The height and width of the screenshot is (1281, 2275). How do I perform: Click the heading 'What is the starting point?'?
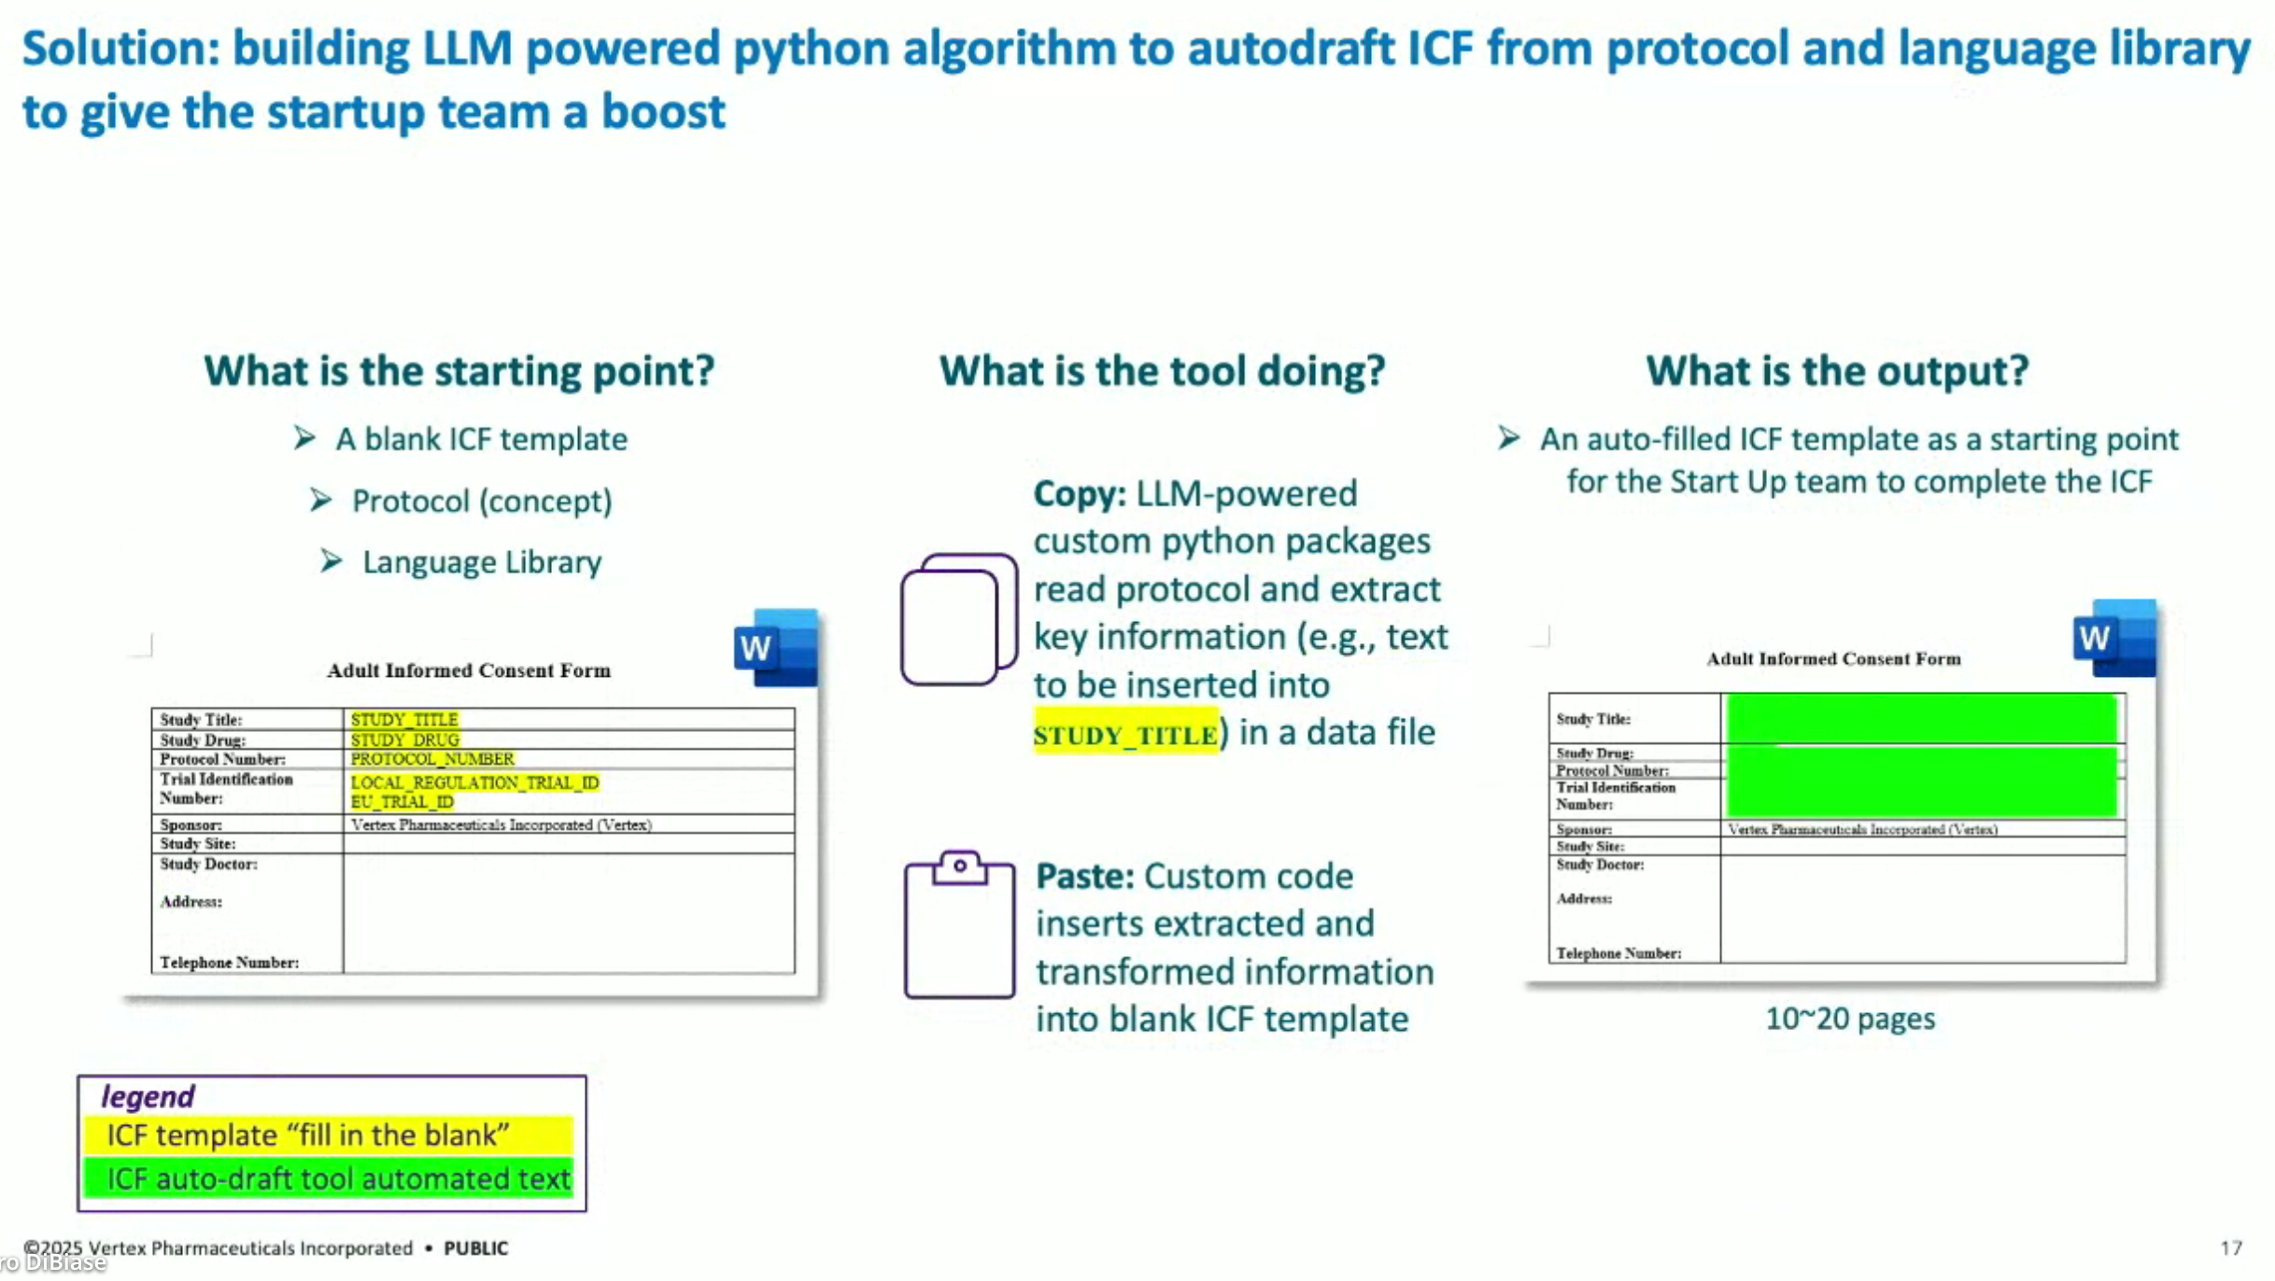click(459, 371)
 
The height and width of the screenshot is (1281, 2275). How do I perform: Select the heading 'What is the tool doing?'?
click(1162, 371)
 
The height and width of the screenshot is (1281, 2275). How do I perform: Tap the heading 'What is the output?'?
click(1837, 371)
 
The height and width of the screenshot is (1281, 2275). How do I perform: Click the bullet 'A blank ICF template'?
click(480, 439)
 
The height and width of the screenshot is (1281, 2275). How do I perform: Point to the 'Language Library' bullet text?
click(481, 562)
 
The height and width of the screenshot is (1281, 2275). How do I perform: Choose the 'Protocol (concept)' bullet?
click(481, 501)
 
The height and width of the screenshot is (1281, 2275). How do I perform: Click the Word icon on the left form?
click(775, 648)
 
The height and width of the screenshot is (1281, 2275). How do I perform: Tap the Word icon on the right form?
click(2114, 639)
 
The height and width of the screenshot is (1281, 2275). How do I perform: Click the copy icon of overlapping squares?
click(958, 619)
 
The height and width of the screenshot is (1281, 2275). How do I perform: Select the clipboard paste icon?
click(959, 924)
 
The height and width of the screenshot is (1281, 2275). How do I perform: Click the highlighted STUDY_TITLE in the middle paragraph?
click(1125, 735)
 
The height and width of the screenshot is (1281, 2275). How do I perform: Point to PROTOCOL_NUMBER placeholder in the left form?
click(431, 759)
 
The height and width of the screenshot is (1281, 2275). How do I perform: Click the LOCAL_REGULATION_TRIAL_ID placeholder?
click(474, 782)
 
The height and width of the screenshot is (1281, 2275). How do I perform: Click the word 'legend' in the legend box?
click(148, 1096)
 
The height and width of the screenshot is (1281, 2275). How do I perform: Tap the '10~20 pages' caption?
click(1849, 1019)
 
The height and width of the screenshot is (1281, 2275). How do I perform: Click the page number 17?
click(2230, 1248)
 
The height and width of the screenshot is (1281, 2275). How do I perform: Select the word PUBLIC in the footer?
click(475, 1248)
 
